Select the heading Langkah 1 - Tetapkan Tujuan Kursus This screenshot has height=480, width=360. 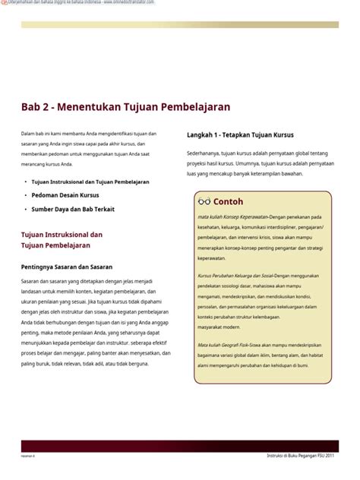240,135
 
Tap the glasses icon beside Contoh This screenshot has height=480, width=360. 204,201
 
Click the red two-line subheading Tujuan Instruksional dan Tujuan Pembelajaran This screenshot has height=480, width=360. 61,240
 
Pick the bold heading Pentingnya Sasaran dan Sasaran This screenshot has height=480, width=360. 67,267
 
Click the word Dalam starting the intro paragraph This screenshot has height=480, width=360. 28,134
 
